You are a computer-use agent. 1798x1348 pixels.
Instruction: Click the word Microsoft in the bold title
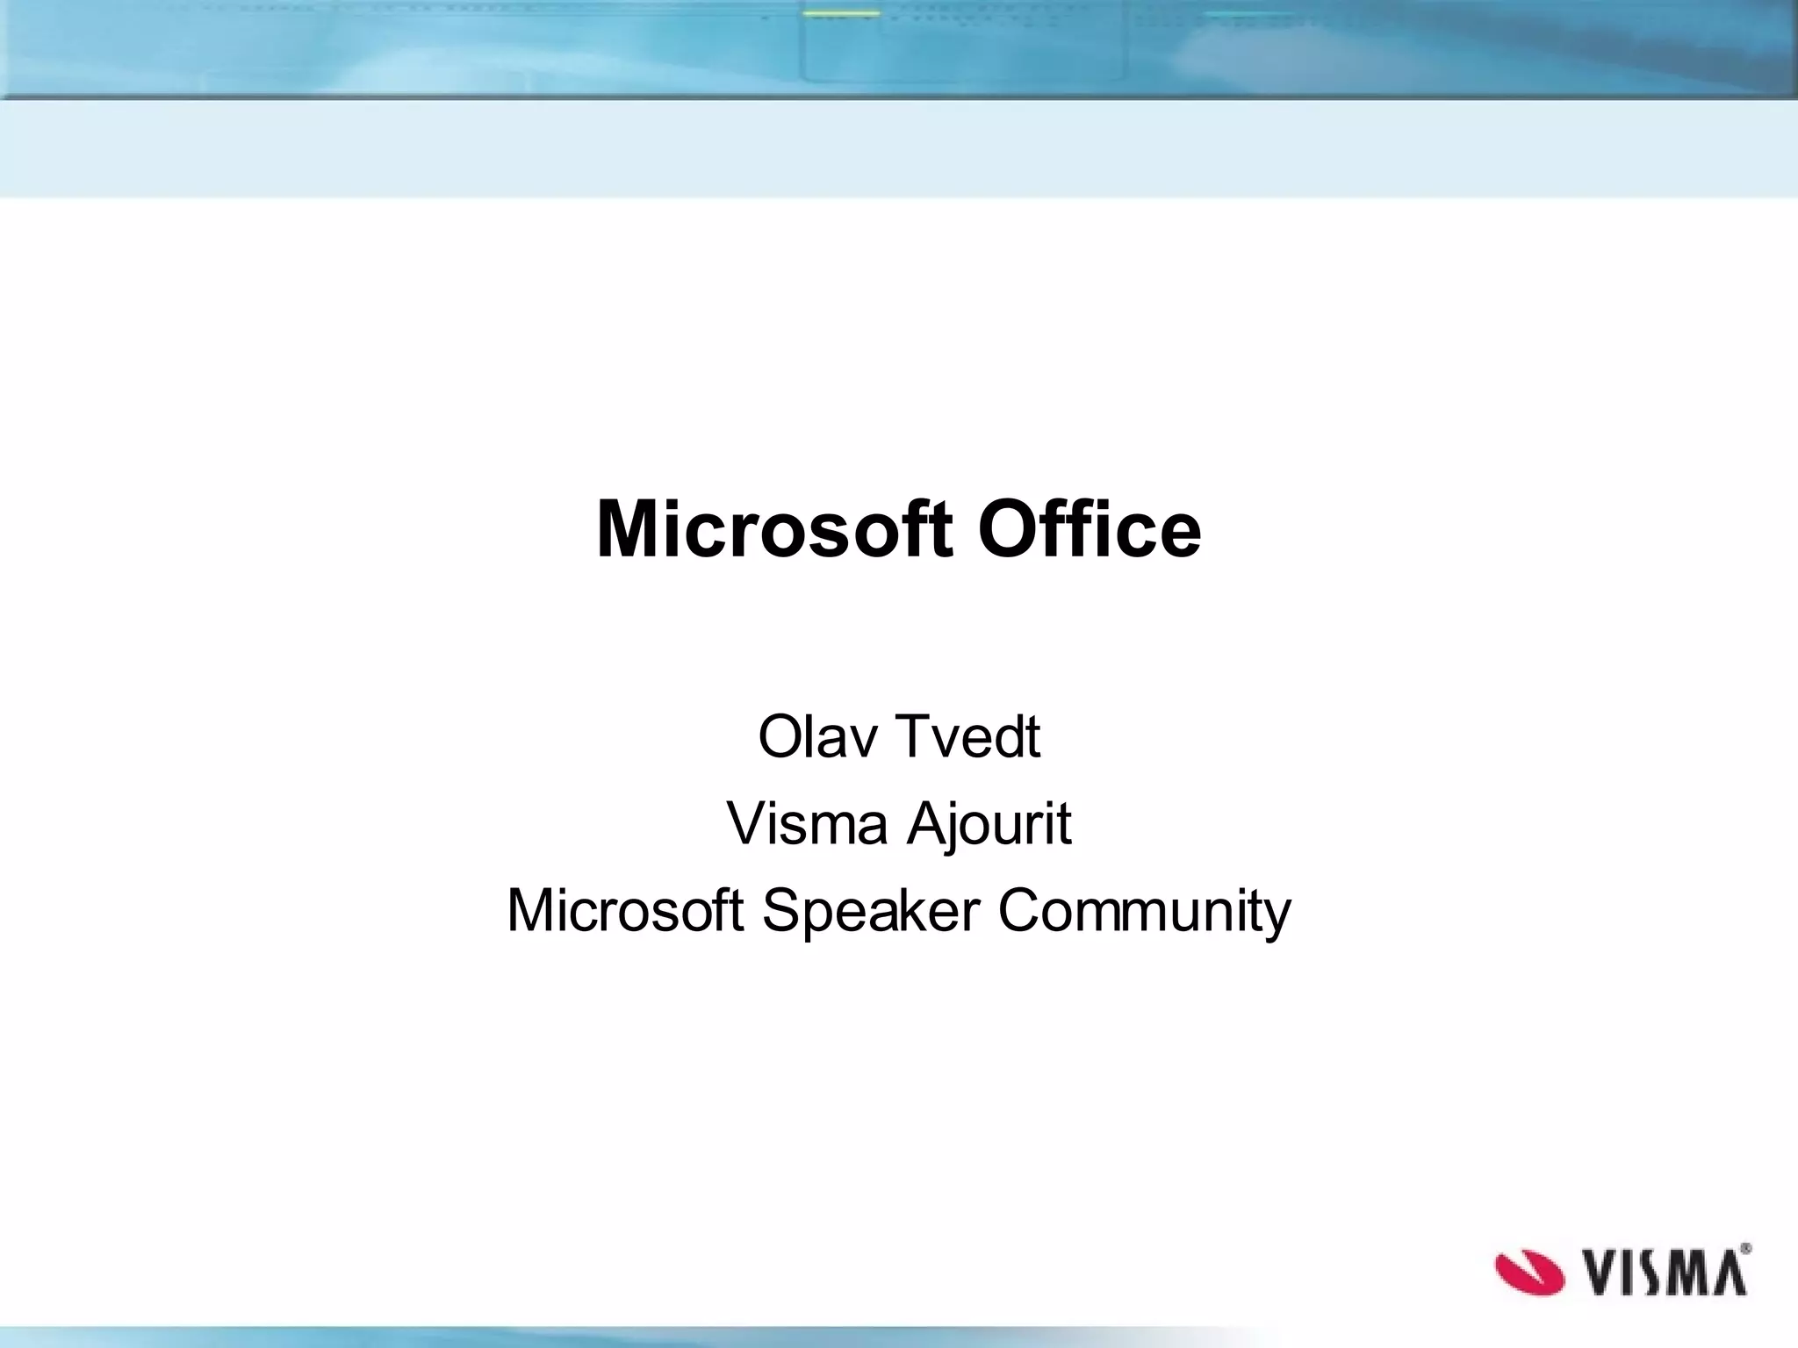(x=773, y=529)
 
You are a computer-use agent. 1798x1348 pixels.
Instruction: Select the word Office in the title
(x=1089, y=529)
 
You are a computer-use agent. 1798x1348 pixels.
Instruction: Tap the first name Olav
(x=816, y=737)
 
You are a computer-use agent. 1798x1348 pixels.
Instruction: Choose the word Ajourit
(x=989, y=824)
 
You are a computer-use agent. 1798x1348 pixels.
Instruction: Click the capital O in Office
(x=1006, y=529)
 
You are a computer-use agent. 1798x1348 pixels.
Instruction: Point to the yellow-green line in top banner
(x=841, y=14)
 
